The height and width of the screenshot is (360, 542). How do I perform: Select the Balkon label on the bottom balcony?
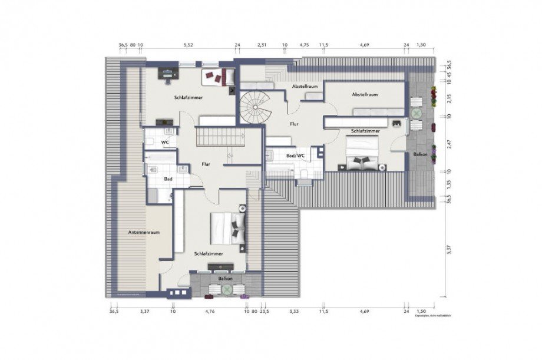click(225, 278)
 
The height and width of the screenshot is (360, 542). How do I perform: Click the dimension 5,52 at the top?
click(189, 45)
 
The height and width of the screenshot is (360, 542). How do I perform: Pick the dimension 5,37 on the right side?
click(449, 250)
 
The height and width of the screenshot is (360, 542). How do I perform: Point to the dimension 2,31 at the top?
click(263, 45)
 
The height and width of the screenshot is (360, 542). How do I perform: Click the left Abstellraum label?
click(305, 86)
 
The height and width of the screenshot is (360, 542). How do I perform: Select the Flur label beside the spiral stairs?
click(295, 124)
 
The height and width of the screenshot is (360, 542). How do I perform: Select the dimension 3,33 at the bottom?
click(294, 311)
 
